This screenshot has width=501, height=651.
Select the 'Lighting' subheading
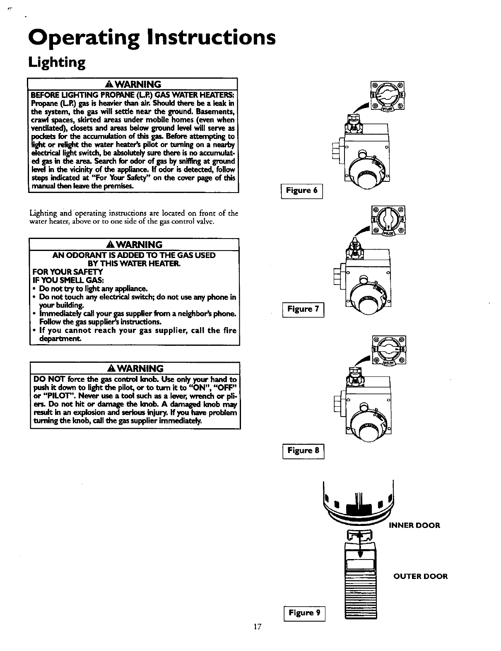(x=57, y=63)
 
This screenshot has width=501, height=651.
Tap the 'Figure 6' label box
(x=302, y=191)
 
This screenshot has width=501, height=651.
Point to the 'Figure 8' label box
(x=303, y=451)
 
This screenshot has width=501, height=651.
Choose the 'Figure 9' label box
(x=304, y=613)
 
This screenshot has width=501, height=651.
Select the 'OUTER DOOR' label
(x=420, y=576)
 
